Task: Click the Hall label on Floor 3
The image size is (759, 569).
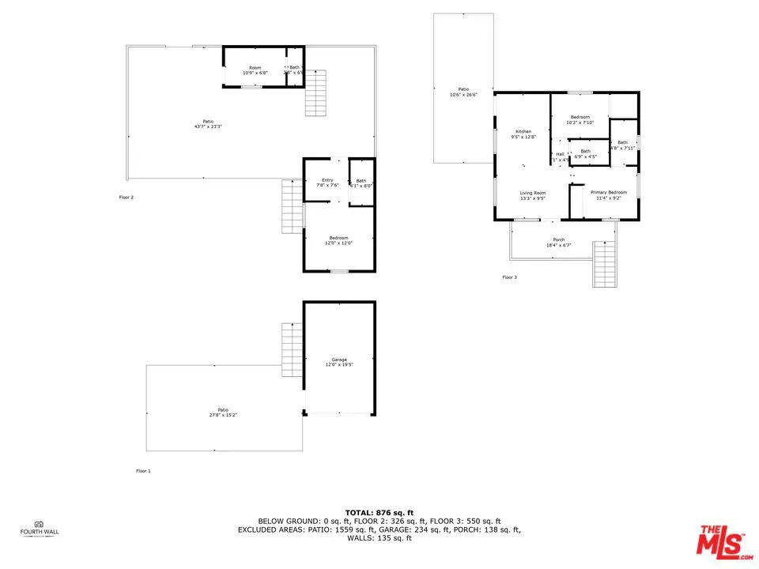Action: click(561, 154)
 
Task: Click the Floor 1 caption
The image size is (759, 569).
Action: click(143, 471)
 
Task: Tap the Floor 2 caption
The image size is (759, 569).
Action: click(126, 197)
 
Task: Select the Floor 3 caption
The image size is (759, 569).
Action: click(509, 277)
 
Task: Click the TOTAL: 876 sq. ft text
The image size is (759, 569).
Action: click(379, 513)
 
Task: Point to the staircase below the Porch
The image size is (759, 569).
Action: click(604, 264)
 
